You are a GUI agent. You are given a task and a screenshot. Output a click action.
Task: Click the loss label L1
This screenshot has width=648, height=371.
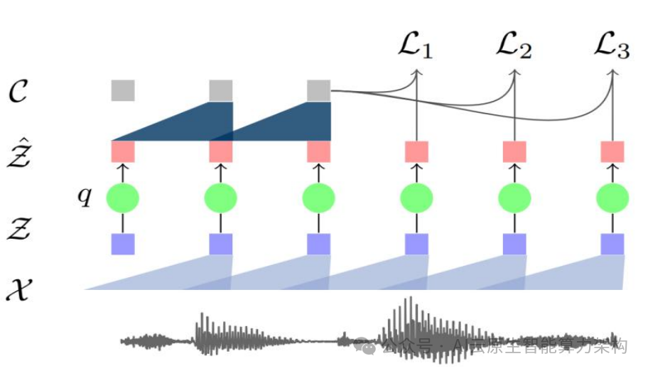(415, 48)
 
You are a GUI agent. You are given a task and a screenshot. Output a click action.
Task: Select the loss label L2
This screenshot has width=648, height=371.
(513, 48)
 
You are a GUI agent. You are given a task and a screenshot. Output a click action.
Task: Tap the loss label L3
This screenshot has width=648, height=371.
(611, 48)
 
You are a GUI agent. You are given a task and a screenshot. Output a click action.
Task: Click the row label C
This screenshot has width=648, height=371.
(18, 92)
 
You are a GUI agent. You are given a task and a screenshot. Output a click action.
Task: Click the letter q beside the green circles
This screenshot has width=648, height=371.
(85, 196)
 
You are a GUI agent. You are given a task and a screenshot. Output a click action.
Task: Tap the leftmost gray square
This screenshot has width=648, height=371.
(123, 91)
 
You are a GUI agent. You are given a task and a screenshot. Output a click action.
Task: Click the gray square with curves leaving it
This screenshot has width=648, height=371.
(319, 91)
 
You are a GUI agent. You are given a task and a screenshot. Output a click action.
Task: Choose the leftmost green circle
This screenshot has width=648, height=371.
(123, 198)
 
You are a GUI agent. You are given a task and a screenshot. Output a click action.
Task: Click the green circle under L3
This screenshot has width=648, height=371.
(612, 198)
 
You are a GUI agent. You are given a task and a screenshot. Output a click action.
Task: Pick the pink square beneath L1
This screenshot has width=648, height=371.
(417, 152)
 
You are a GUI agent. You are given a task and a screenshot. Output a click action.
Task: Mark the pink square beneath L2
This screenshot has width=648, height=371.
(514, 152)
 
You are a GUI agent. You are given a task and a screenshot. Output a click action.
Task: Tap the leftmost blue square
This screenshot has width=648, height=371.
(123, 244)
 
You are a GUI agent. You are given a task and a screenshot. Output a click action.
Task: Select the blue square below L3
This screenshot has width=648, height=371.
(612, 244)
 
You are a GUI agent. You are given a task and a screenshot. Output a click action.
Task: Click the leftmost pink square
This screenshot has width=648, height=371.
(123, 152)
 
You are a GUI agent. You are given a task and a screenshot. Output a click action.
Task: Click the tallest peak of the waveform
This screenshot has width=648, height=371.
(408, 313)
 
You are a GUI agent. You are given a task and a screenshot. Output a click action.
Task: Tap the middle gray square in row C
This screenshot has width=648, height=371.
(221, 91)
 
